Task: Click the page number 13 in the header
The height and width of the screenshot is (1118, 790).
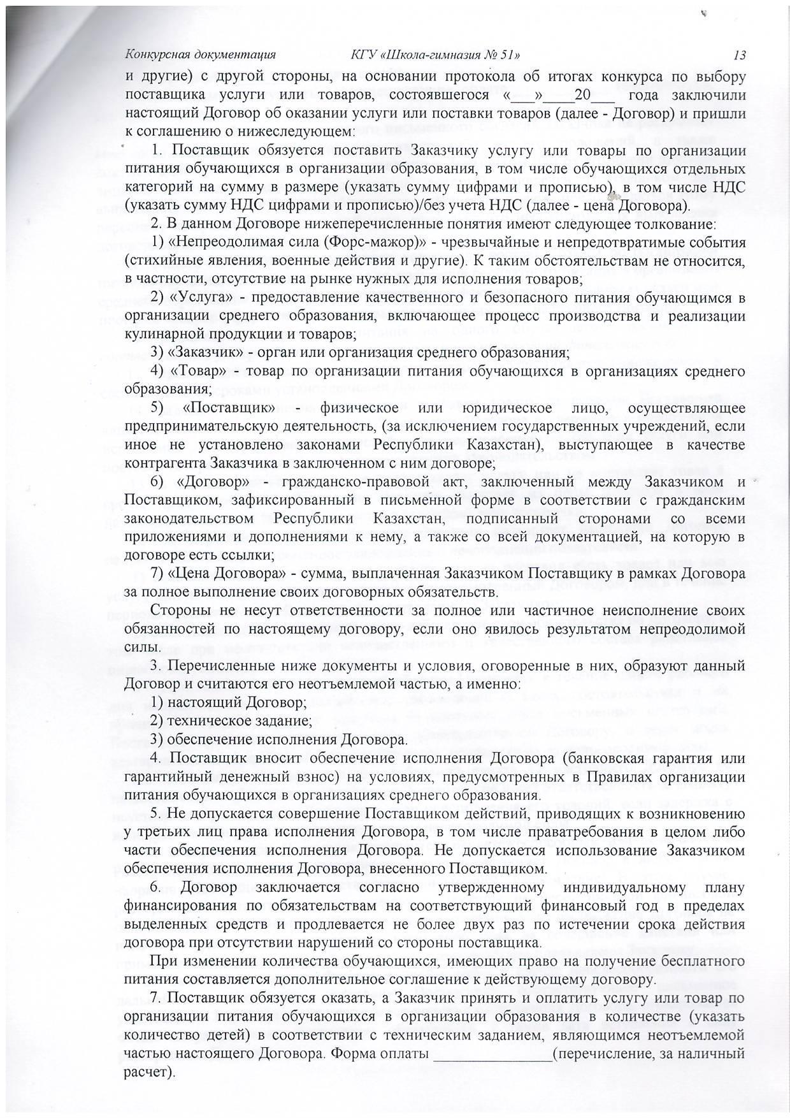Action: coord(739,55)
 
